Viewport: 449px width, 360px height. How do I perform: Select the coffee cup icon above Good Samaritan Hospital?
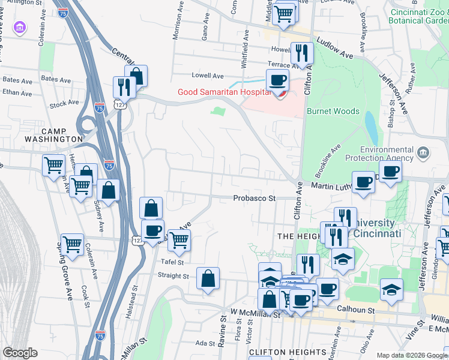pyautogui.click(x=277, y=80)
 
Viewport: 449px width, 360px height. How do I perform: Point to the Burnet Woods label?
pyautogui.click(x=333, y=111)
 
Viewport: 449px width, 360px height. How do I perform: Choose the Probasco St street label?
pyautogui.click(x=255, y=198)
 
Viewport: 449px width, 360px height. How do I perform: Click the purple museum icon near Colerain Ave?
pyautogui.click(x=20, y=28)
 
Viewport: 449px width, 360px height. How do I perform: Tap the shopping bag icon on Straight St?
pyautogui.click(x=208, y=278)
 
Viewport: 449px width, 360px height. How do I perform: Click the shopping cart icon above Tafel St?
pyautogui.click(x=179, y=240)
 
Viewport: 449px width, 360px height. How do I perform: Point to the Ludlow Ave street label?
pyautogui.click(x=337, y=55)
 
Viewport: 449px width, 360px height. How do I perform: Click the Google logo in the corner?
pyautogui.click(x=19, y=353)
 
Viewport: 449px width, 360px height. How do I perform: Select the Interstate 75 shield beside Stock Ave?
pyautogui.click(x=100, y=107)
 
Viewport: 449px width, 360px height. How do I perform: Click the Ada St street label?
pyautogui.click(x=206, y=344)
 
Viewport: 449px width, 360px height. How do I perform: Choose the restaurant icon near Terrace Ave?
pyautogui.click(x=302, y=53)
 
